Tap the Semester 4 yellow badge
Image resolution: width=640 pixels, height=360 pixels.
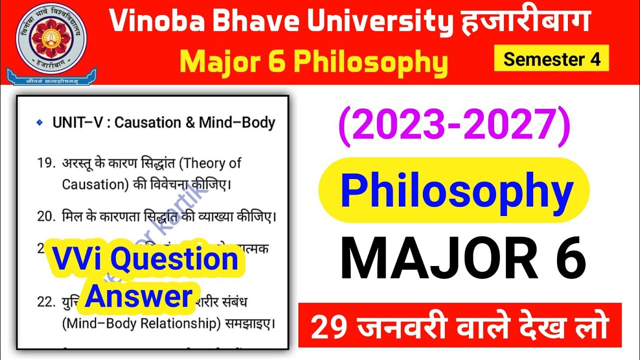point(551,59)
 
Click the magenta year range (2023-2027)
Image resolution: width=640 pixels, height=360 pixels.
point(454,126)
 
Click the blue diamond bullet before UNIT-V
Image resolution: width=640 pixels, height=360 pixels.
point(40,122)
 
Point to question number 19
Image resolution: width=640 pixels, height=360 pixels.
point(45,163)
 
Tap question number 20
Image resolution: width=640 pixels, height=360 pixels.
point(45,216)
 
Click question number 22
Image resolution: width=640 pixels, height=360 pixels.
point(45,302)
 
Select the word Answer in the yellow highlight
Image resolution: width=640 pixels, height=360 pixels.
point(141,296)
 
